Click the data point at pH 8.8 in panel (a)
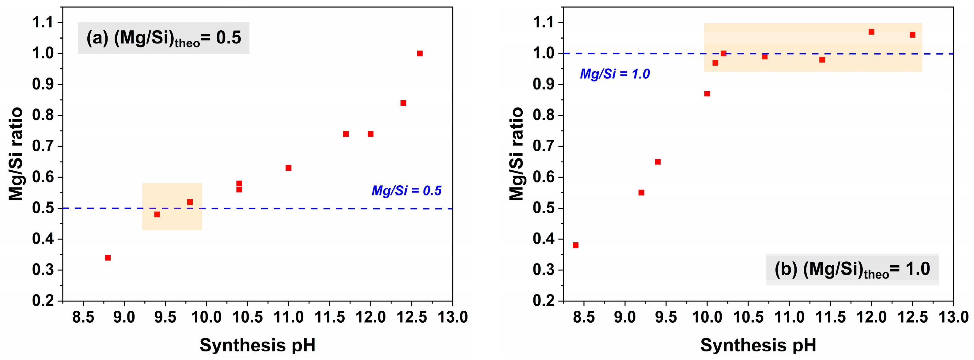[x=108, y=258]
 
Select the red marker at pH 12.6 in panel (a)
[x=420, y=53]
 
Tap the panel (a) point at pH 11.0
[x=289, y=168]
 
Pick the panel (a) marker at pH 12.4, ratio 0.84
[x=404, y=103]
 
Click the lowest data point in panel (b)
[x=575, y=245]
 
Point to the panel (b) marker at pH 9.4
[x=658, y=162]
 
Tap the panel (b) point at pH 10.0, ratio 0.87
[x=707, y=94]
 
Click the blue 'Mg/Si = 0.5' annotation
[x=407, y=191]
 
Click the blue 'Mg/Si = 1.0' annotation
[x=615, y=74]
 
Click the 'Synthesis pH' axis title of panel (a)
[x=257, y=345]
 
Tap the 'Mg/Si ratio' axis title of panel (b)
[x=517, y=153]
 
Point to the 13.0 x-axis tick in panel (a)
[x=453, y=317]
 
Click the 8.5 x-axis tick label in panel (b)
[x=584, y=317]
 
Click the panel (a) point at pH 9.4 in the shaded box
[x=157, y=214]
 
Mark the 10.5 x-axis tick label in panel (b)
[x=748, y=317]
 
